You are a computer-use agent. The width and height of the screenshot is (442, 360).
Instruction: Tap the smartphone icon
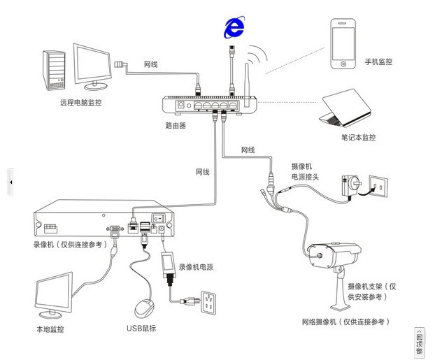click(343, 44)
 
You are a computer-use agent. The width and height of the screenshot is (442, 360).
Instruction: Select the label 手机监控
click(378, 62)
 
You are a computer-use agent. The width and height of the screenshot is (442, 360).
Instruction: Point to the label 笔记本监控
click(358, 138)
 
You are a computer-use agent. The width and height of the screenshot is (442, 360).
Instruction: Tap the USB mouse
click(144, 308)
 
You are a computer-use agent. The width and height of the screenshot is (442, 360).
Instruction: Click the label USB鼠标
click(141, 329)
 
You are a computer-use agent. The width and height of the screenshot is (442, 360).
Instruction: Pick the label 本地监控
click(50, 329)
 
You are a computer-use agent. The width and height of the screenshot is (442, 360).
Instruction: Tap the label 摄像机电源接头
click(305, 172)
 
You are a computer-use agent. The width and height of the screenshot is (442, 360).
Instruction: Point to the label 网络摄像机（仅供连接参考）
click(345, 322)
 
